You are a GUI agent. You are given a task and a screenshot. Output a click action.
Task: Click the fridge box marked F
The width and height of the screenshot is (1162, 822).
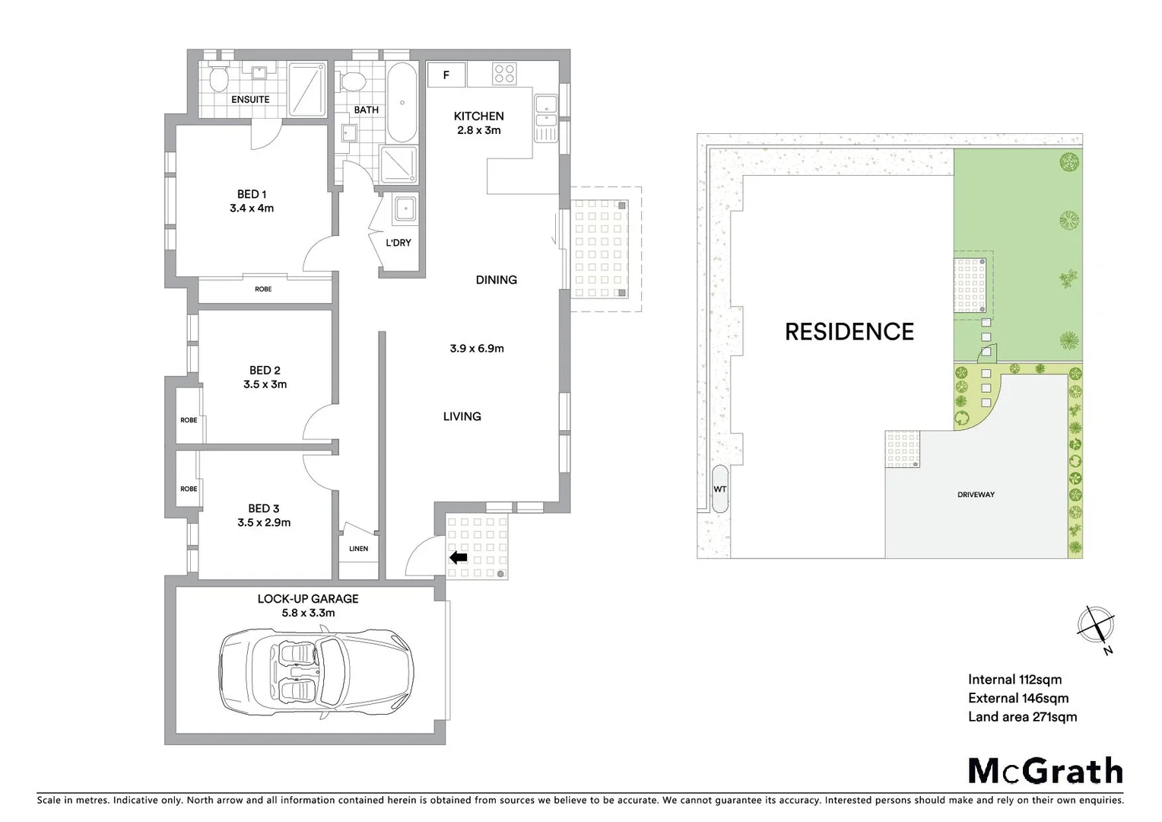click(x=446, y=75)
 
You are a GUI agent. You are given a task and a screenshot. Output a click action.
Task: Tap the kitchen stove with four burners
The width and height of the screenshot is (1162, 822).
click(x=504, y=74)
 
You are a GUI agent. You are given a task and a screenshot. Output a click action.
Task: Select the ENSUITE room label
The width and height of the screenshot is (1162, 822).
click(x=250, y=100)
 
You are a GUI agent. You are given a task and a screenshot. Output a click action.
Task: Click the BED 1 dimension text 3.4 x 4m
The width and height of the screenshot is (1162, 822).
click(x=252, y=208)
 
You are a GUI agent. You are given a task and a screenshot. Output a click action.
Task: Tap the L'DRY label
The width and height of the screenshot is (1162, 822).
click(x=398, y=243)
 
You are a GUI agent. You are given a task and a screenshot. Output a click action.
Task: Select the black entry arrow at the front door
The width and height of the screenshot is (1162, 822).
click(x=459, y=558)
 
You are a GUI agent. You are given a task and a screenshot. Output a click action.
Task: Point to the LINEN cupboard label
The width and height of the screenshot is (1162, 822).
click(x=358, y=549)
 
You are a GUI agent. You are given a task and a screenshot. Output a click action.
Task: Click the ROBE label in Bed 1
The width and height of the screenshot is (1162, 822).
click(x=263, y=289)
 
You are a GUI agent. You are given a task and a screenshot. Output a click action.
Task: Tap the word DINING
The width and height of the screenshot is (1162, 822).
click(x=496, y=280)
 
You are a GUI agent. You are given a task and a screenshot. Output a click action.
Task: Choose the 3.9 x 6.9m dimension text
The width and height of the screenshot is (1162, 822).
click(x=477, y=349)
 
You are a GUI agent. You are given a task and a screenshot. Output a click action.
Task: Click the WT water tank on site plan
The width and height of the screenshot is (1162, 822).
click(x=719, y=489)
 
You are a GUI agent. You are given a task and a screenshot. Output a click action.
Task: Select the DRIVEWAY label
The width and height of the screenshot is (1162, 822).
click(x=976, y=495)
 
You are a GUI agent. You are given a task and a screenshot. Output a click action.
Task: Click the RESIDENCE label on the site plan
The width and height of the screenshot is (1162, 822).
click(x=849, y=332)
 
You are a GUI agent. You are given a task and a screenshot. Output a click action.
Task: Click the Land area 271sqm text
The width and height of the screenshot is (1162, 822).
click(x=1022, y=716)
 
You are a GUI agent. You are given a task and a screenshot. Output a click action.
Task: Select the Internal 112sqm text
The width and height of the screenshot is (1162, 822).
click(x=1014, y=680)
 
